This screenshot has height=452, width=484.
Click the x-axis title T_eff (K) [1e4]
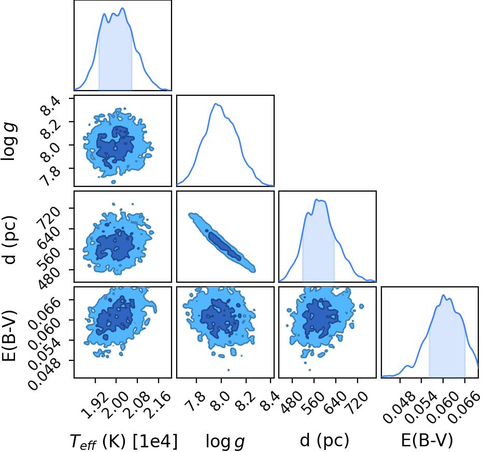point(124,441)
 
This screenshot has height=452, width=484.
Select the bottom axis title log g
point(225,442)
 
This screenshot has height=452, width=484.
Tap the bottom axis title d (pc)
point(324,440)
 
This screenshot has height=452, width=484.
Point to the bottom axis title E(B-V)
point(427,440)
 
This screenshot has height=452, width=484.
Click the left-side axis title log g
point(9,141)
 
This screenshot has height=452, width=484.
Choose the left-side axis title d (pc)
point(9,240)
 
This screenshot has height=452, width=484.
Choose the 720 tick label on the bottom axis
point(358,402)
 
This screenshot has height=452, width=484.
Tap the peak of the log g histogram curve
point(216,104)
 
